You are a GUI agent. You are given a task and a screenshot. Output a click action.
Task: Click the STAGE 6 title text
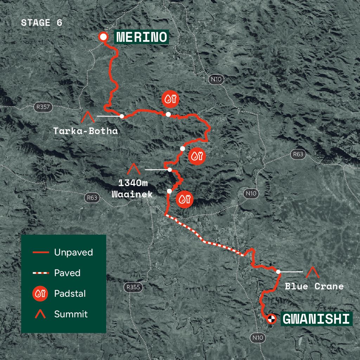41,23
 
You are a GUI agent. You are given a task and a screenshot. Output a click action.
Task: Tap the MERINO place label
142,37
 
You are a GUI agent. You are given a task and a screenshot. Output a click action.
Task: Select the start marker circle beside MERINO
103,37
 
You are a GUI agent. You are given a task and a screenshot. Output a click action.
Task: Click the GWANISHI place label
316,319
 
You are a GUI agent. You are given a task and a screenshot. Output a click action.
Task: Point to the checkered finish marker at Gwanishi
271,319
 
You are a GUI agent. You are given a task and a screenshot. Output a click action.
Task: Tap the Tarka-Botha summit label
85,131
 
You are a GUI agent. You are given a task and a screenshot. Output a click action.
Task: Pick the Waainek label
132,194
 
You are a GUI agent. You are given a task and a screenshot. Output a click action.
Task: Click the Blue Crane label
314,286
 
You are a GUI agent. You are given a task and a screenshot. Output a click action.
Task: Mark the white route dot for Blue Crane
278,271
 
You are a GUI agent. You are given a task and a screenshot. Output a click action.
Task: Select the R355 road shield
134,288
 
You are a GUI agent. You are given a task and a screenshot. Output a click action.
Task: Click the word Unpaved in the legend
73,252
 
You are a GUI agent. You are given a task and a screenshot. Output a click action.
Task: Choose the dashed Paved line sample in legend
40,273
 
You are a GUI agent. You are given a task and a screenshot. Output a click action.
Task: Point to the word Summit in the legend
71,314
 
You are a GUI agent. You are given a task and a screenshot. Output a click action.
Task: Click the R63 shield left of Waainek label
92,198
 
